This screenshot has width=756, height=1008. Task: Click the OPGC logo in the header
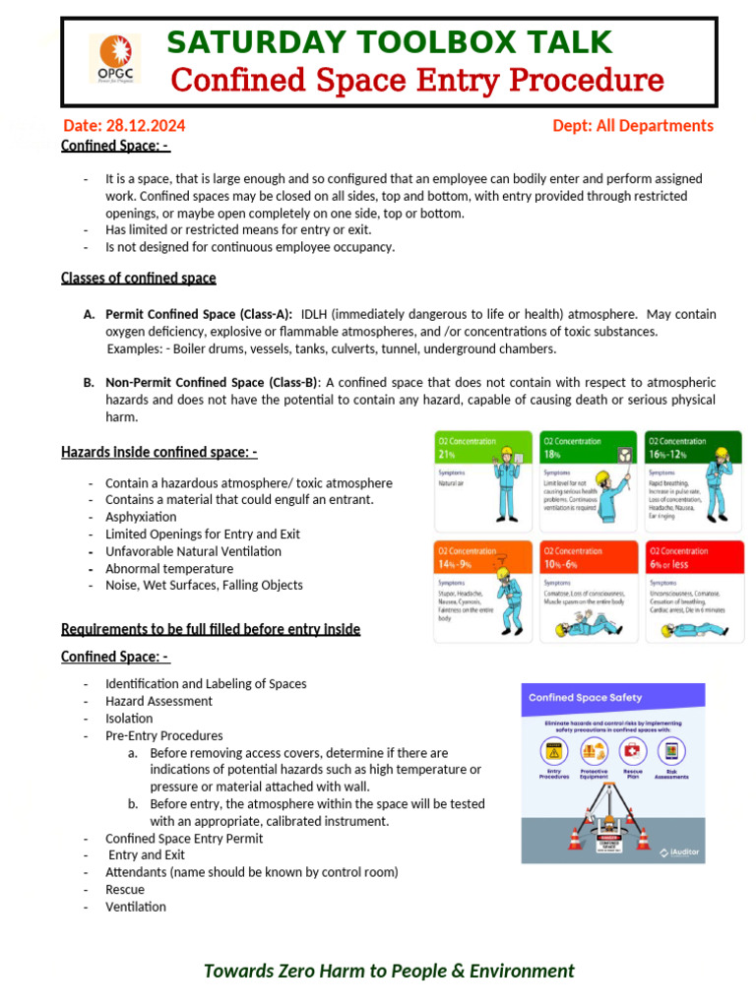coord(114,59)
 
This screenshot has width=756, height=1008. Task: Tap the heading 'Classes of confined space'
coord(138,278)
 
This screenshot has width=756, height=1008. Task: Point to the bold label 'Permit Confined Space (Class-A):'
coord(199,314)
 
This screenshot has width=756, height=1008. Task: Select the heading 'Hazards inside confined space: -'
coord(158,452)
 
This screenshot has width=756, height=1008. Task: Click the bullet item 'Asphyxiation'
coord(141,517)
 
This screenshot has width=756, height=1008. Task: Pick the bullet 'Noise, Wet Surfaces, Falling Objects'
coord(204,585)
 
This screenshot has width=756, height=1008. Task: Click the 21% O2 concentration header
coord(483,448)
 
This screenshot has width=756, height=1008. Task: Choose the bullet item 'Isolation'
coord(129,719)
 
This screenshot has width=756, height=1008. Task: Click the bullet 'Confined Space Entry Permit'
coord(184,839)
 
